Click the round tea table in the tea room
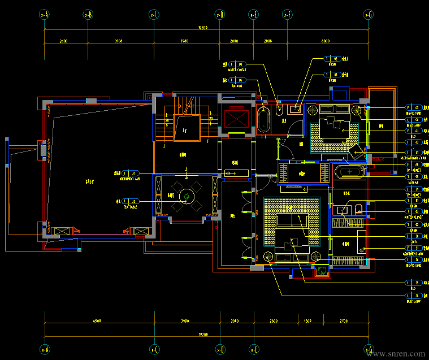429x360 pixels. pyautogui.click(x=185, y=196)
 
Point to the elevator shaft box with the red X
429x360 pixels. pyautogui.click(x=235, y=119)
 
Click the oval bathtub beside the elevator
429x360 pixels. pyautogui.click(x=263, y=119)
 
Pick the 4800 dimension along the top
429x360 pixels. pyautogui.click(x=326, y=41)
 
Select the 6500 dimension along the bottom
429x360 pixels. pyautogui.click(x=97, y=321)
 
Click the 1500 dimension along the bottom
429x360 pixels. pyautogui.click(x=307, y=321)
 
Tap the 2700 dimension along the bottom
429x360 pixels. pyautogui.click(x=344, y=321)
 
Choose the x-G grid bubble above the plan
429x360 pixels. pyautogui.click(x=369, y=15)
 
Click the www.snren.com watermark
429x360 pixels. pyautogui.click(x=396, y=354)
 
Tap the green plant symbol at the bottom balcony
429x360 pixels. pyautogui.click(x=322, y=272)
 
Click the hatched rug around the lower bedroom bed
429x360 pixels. pyautogui.click(x=292, y=220)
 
